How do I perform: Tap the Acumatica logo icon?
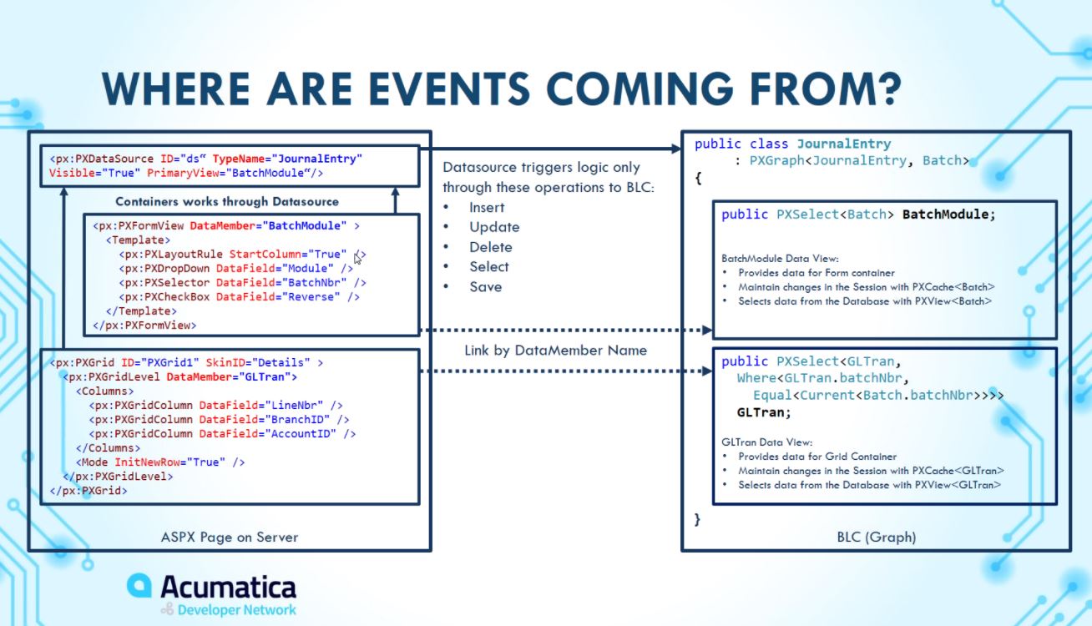(x=139, y=586)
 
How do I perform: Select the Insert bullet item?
(x=487, y=207)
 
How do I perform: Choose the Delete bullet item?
(x=490, y=247)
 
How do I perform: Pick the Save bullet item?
(x=485, y=287)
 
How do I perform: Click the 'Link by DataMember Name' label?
(x=555, y=351)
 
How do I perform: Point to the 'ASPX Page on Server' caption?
(x=230, y=537)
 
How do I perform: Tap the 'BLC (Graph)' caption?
(x=876, y=537)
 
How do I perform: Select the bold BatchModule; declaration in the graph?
(x=948, y=215)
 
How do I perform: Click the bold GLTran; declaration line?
(x=763, y=411)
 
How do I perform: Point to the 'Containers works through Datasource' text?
(x=226, y=201)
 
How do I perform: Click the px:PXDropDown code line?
(x=236, y=269)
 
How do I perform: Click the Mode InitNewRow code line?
(x=161, y=462)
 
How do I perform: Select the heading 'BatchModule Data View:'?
(x=779, y=259)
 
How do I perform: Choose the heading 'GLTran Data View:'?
(x=766, y=442)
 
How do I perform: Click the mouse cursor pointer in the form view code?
(x=357, y=258)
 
